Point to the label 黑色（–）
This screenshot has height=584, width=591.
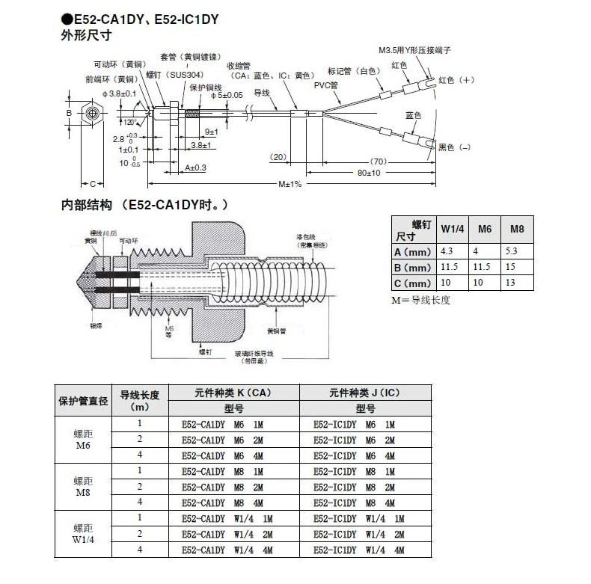(456, 147)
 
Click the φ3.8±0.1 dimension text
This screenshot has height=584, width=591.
(117, 93)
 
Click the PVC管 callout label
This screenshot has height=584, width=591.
(324, 85)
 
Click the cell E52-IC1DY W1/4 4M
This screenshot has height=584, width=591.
(359, 551)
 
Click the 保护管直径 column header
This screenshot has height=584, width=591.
(84, 401)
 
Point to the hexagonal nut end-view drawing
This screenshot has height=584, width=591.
(91, 114)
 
